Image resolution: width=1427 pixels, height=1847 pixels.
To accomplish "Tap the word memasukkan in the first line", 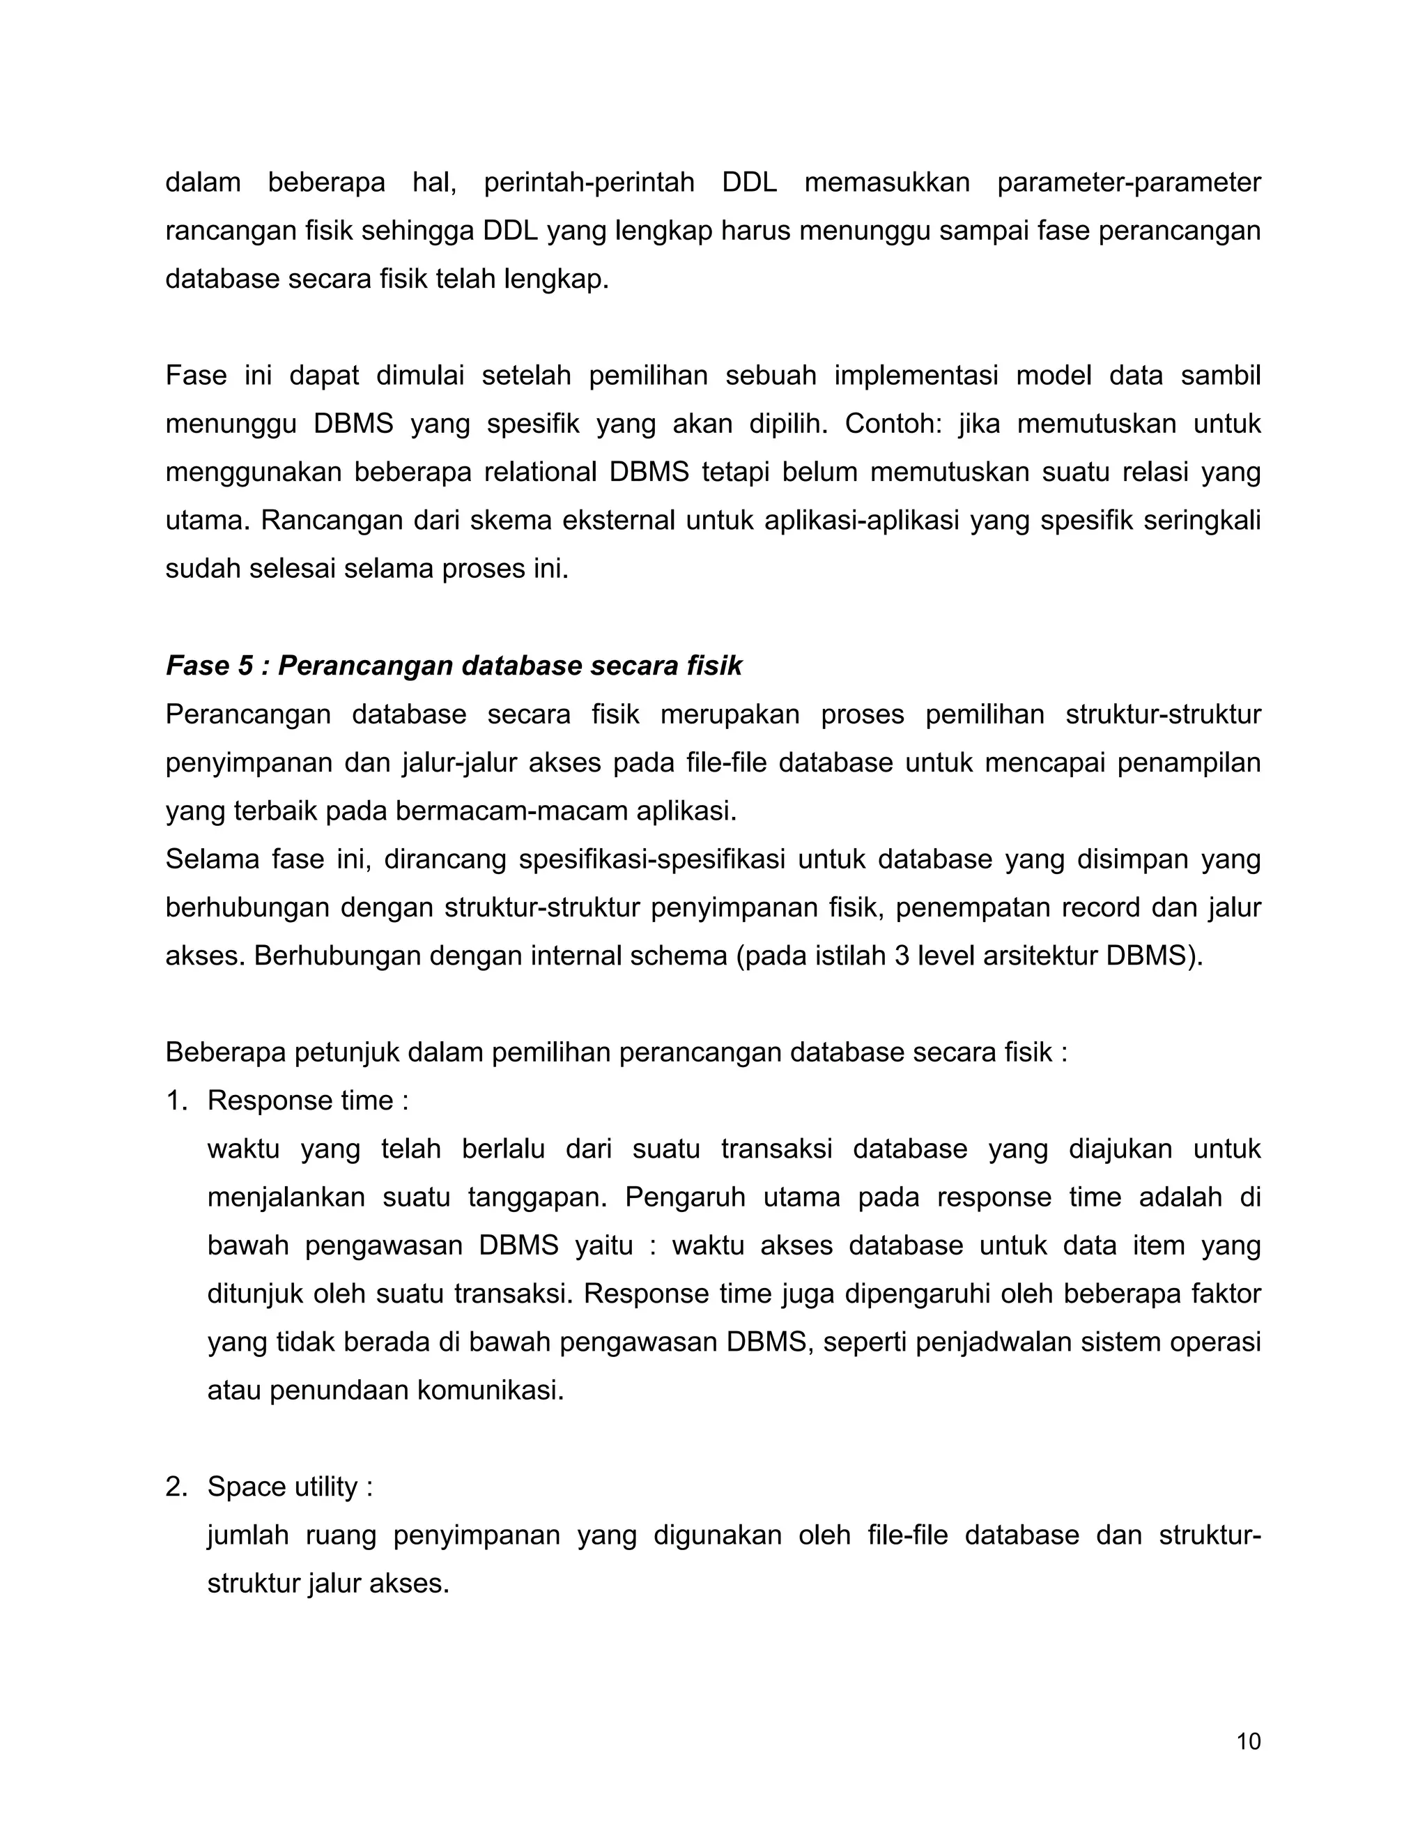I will (x=887, y=182).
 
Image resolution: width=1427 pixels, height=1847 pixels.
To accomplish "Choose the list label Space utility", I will (x=290, y=1486).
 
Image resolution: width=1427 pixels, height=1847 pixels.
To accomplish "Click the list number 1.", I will (x=175, y=1101).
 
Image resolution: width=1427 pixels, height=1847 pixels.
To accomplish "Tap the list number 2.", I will (x=176, y=1486).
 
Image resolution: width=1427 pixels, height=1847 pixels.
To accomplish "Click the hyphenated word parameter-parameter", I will (x=1129, y=182).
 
